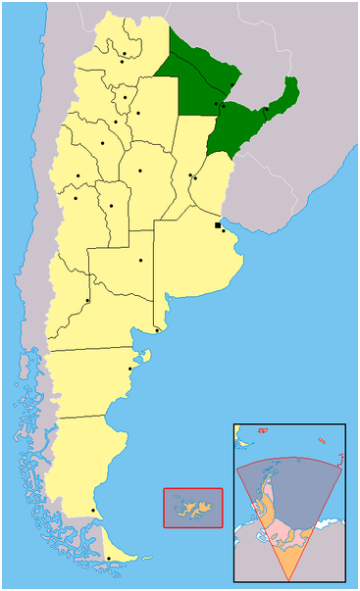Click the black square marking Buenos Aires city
218,225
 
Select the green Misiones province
286,99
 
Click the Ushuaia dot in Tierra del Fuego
108,560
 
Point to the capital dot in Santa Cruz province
93,510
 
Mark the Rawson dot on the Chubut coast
130,369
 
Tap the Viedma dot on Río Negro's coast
157,330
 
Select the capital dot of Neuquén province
87,300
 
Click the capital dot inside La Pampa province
140,260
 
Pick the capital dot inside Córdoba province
140,172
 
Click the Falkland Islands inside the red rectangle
193,507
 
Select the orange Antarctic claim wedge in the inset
294,549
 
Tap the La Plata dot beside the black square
224,231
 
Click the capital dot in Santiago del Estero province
138,114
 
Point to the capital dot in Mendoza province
76,198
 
